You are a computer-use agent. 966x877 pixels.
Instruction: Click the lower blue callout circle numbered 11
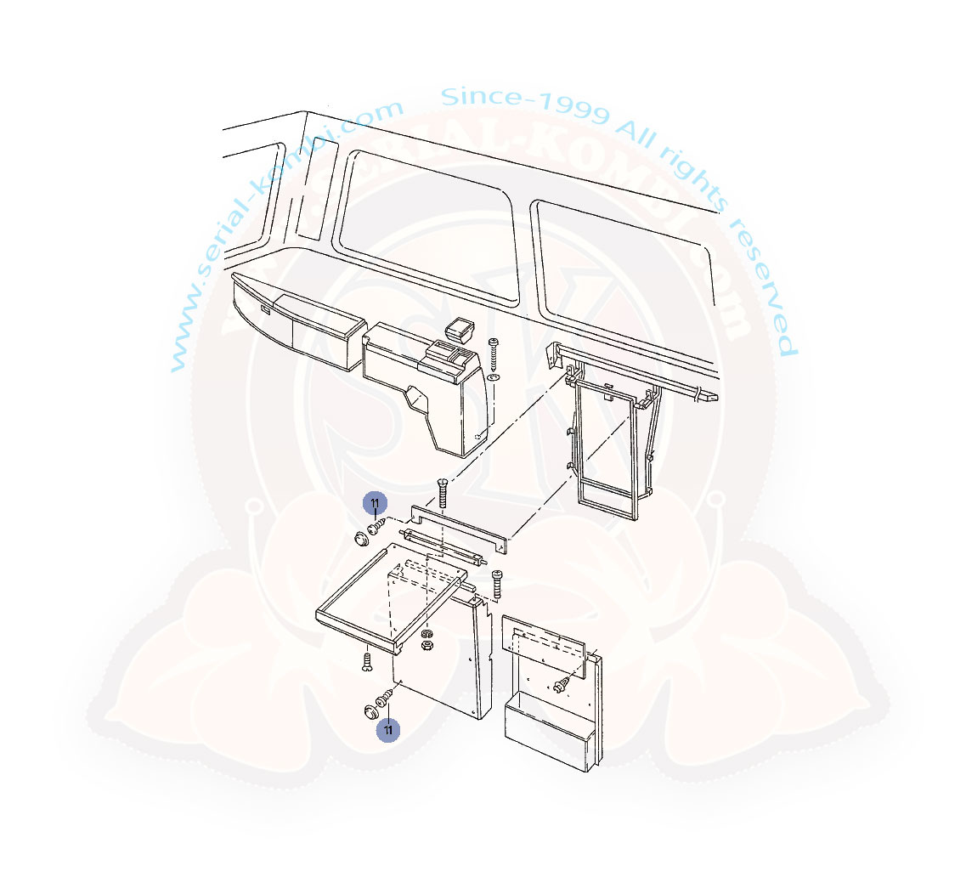tap(388, 730)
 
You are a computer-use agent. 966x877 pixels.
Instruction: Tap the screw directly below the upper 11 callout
tap(376, 527)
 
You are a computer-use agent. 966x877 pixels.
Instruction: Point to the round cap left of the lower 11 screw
tap(371, 712)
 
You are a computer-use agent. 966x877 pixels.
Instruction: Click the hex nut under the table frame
tap(425, 645)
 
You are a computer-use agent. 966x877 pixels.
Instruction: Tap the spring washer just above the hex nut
tap(425, 634)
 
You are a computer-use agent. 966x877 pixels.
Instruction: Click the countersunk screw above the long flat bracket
tap(442, 492)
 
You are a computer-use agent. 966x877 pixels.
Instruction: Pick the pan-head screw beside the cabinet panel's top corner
tap(497, 584)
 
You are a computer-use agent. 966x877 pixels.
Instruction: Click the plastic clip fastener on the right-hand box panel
tap(562, 683)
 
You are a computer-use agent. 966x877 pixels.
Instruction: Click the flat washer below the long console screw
tap(493, 376)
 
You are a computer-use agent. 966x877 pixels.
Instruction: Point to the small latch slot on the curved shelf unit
tap(264, 308)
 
